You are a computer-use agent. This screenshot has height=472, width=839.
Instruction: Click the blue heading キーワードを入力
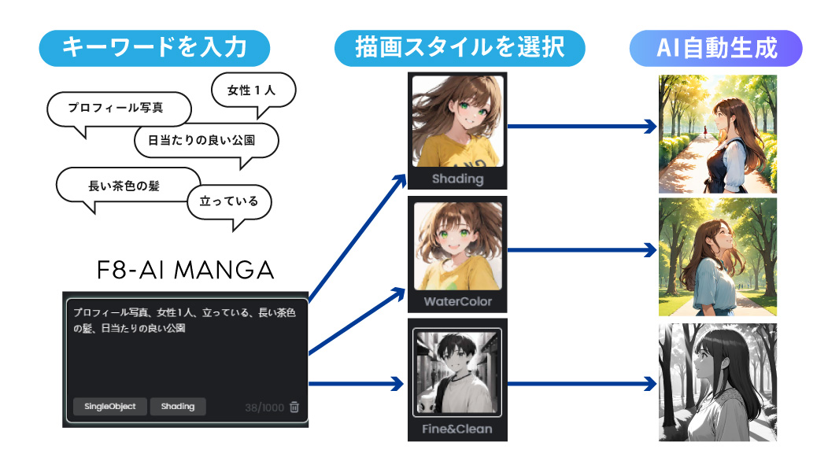pyautogui.click(x=154, y=48)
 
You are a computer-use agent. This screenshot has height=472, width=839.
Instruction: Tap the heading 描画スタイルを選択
pyautogui.click(x=460, y=48)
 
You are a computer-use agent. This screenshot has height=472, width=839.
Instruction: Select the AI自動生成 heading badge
pyautogui.click(x=715, y=48)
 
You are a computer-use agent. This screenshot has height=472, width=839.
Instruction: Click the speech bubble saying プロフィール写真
pyautogui.click(x=119, y=108)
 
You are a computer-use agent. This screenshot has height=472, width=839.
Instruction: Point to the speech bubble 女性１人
pyautogui.click(x=253, y=90)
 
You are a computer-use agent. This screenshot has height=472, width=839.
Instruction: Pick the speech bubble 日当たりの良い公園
pyautogui.click(x=206, y=142)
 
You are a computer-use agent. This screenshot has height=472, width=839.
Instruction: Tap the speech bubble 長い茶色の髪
pyautogui.click(x=129, y=186)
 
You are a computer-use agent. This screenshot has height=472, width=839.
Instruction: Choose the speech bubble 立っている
pyautogui.click(x=228, y=201)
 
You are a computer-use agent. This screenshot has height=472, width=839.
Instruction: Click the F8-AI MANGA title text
pyautogui.click(x=185, y=271)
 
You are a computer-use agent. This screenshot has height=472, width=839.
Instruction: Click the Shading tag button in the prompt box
pyautogui.click(x=178, y=406)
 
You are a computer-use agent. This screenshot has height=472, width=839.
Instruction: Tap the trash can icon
pyautogui.click(x=294, y=407)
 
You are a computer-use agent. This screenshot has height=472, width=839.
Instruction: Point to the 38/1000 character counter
pyautogui.click(x=264, y=407)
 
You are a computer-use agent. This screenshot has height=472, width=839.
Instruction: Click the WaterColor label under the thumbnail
pyautogui.click(x=457, y=302)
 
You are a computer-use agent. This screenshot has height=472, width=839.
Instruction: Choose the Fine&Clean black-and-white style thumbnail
pyautogui.click(x=457, y=371)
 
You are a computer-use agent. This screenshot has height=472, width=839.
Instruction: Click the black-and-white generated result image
pyautogui.click(x=717, y=382)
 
